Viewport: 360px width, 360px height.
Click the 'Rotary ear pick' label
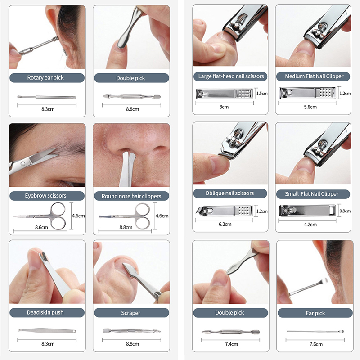45,77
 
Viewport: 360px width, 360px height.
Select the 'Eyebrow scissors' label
45,196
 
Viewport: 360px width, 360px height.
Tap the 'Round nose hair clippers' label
131,196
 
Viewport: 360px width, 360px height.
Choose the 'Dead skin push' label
45,312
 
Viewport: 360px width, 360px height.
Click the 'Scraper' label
130,313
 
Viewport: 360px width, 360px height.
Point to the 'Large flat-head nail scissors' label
231,76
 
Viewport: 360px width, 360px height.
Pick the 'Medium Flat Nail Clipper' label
314,76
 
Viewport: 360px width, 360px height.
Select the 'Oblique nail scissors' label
229,193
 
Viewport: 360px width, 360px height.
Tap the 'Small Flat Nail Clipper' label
312,194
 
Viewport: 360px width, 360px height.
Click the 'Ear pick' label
315,313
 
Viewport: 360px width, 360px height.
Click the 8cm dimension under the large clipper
224,107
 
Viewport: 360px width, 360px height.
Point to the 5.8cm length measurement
310,107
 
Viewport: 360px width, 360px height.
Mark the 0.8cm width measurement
345,211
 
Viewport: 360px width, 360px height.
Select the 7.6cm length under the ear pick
316,344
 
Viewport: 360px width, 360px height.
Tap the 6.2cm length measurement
225,224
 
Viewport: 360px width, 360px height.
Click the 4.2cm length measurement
310,225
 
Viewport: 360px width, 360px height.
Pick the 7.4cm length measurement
231,344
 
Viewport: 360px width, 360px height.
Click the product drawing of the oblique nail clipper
224,211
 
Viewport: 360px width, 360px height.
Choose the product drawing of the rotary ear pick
47,97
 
